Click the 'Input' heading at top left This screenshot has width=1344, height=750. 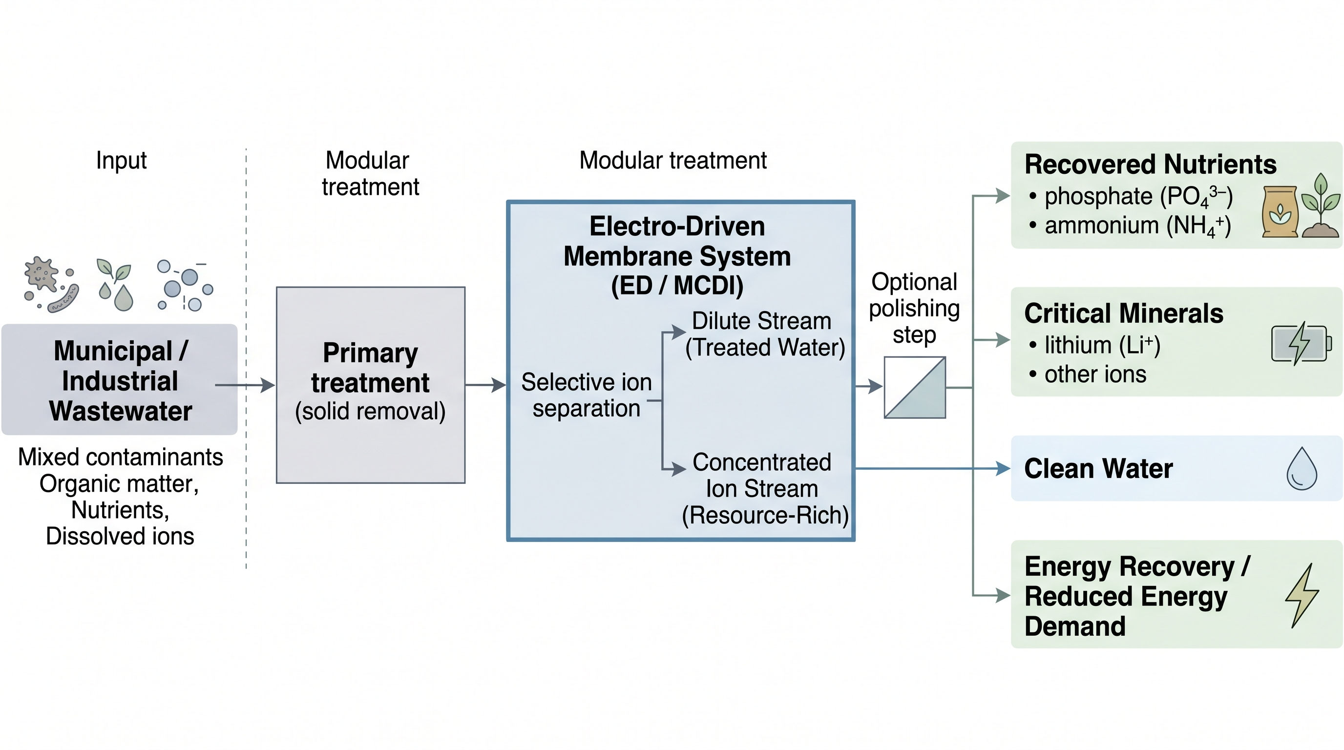coord(121,160)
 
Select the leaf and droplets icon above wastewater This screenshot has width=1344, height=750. coord(115,285)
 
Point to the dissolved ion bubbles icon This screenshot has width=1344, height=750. coord(185,285)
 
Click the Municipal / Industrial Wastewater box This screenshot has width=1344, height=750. coord(120,380)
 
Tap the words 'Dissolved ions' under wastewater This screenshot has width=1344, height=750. coord(120,536)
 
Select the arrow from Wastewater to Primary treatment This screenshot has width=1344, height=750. coord(244,385)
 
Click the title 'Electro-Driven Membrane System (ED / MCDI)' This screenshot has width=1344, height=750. coord(677,255)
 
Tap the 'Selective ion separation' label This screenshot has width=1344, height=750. coord(587,396)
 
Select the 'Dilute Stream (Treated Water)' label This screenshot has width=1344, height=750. coord(764,334)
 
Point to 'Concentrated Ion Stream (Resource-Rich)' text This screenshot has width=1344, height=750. coord(764,489)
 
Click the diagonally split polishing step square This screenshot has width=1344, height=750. coord(915,388)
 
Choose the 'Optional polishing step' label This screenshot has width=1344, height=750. coord(914,308)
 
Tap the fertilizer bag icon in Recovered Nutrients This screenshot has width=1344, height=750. coord(1280,212)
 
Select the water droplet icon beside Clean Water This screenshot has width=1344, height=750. coord(1301,468)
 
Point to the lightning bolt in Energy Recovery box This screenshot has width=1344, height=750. coord(1301,595)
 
